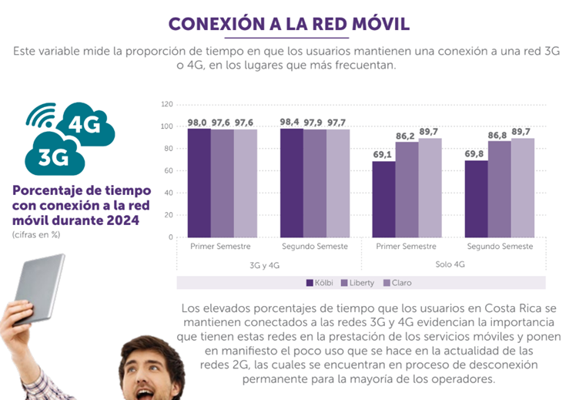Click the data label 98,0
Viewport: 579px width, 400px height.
(x=199, y=122)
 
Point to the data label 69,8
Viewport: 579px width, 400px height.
(x=477, y=153)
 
